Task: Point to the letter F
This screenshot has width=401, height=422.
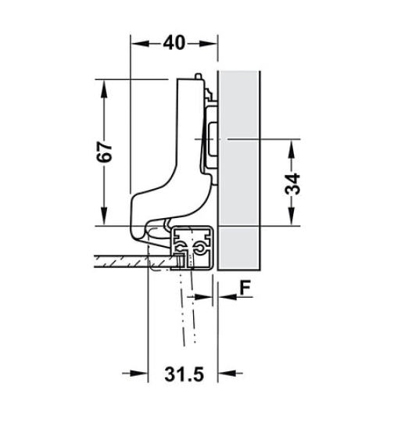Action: [x=244, y=288]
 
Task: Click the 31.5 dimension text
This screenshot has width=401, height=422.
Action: [x=184, y=376]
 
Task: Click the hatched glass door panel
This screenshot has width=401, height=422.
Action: [x=125, y=260]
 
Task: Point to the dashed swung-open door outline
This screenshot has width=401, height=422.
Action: [x=188, y=313]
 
